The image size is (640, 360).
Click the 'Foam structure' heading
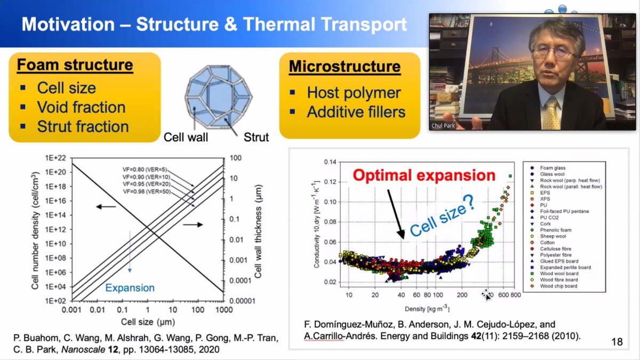[75, 65]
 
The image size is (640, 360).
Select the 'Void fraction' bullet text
[81, 107]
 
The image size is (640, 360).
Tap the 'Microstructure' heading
[345, 67]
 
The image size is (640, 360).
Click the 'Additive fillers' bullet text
[356, 113]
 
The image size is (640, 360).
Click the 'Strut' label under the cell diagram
[256, 137]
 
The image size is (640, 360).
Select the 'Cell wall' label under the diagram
[186, 137]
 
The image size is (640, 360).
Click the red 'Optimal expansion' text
[425, 175]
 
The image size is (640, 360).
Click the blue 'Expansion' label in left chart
[130, 288]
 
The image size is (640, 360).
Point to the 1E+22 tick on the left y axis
[54, 158]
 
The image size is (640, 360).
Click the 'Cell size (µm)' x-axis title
[144, 322]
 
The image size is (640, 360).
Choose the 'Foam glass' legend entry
[554, 168]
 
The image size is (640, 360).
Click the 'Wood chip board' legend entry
[559, 286]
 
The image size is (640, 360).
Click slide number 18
[617, 342]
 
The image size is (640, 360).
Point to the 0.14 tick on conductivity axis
[331, 162]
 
